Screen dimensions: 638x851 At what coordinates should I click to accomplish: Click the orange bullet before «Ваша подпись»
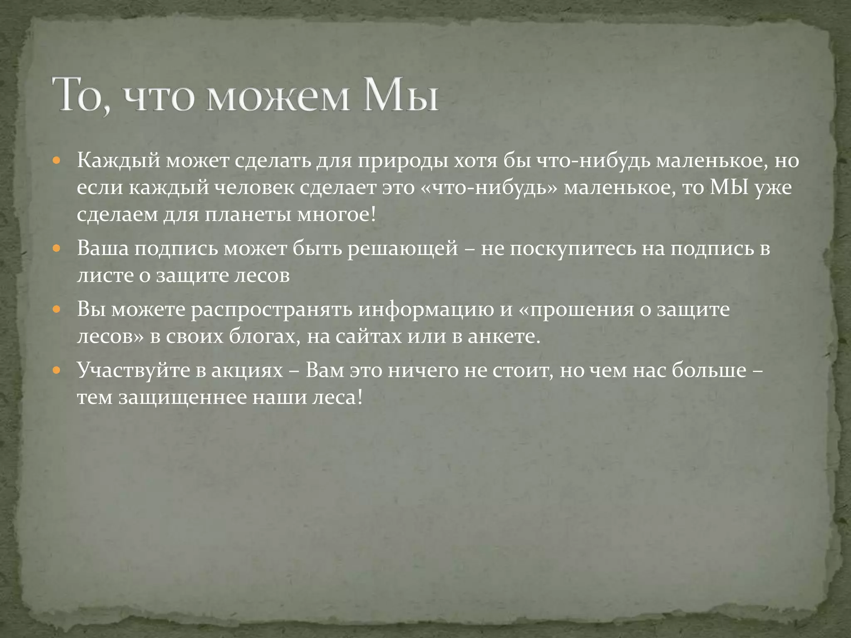pos(57,249)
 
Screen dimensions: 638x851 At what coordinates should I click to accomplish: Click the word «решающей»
pos(402,249)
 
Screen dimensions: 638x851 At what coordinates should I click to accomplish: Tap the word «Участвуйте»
pos(133,370)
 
